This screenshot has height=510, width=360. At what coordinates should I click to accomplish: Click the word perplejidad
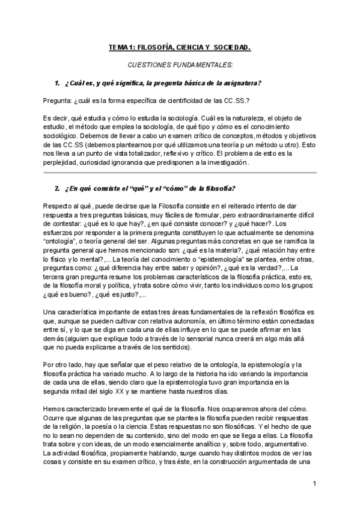(x=62, y=163)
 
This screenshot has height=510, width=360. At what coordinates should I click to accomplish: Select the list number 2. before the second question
(x=58, y=189)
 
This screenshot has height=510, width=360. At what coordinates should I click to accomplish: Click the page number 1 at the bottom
(x=316, y=484)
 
